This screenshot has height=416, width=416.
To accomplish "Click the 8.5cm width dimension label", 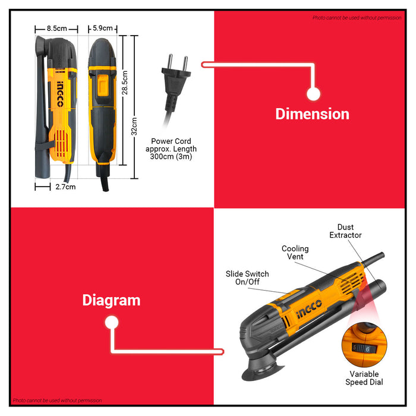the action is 57,29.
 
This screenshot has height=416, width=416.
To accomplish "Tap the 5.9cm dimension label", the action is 103,28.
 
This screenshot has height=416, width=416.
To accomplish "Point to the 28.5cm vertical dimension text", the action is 125,83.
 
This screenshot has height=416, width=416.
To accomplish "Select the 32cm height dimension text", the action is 134,126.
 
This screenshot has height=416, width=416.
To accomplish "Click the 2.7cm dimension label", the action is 65,187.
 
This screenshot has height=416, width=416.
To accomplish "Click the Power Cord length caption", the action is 171,149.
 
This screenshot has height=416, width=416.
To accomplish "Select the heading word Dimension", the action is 312,114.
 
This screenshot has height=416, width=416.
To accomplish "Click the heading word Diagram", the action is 112,300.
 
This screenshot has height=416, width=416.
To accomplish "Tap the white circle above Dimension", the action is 313,94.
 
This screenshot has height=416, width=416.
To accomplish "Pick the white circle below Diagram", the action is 112,322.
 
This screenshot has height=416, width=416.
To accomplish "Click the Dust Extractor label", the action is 345,231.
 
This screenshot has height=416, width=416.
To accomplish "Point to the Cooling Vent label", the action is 295,253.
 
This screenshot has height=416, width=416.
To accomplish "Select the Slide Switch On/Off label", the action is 247,278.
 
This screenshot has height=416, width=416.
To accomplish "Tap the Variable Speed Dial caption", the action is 364,378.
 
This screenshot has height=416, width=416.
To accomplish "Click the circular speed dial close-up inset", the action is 364,345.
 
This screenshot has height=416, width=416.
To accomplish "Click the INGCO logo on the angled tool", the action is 309,309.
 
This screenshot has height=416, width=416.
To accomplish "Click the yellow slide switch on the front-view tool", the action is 103,85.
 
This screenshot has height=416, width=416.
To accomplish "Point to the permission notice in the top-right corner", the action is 357,18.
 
